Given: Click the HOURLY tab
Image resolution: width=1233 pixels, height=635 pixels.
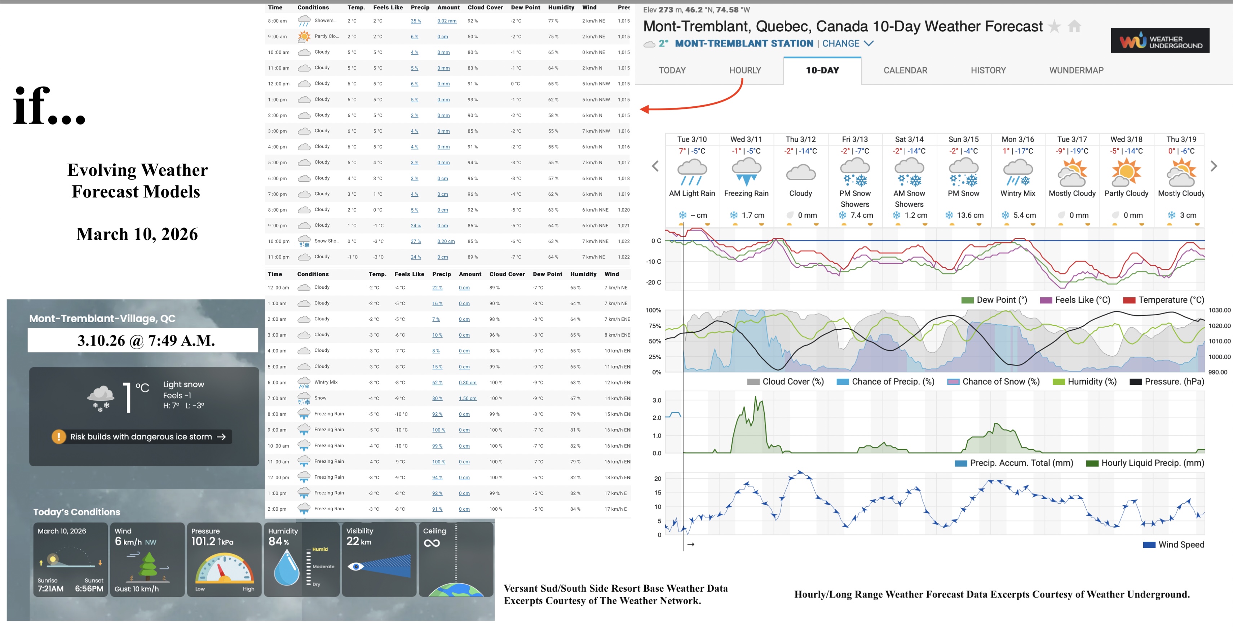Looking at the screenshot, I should [x=745, y=70].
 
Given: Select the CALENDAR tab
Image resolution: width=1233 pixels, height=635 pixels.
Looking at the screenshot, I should [x=905, y=70].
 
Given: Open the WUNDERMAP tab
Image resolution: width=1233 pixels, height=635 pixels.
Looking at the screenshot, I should [x=1076, y=70].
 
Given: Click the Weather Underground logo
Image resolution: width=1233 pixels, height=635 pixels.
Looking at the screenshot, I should [x=1160, y=41].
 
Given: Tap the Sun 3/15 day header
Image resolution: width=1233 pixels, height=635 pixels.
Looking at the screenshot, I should [x=964, y=139].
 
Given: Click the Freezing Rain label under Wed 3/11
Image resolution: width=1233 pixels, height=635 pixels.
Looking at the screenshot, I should [x=746, y=193].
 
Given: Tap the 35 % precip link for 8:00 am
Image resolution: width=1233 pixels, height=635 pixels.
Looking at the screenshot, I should [x=415, y=21].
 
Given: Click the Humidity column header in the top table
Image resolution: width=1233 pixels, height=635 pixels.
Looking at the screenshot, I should [x=561, y=8].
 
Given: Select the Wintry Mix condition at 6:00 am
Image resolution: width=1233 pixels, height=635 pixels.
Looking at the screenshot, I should [x=326, y=382].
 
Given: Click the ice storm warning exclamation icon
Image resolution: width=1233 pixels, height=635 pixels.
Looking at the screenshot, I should [x=59, y=436].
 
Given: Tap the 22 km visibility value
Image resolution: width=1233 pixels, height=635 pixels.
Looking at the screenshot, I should [x=358, y=541].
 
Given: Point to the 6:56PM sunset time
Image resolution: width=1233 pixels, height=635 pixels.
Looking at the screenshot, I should [x=89, y=589].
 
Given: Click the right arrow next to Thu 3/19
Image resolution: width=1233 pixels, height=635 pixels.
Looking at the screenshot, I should [x=1214, y=166].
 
